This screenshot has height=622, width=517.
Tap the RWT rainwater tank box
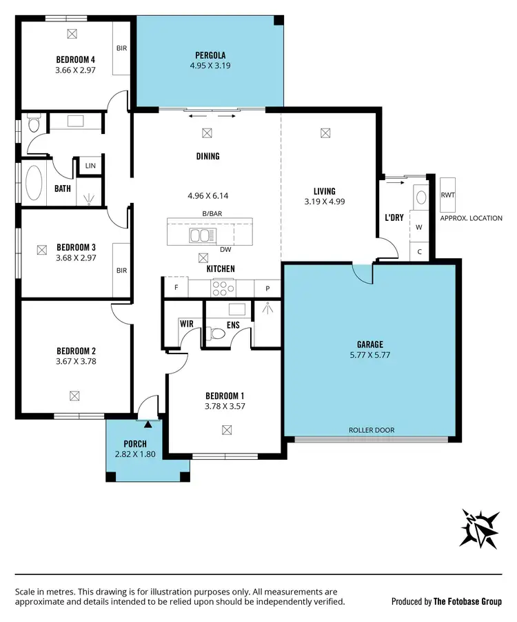[x=448, y=195]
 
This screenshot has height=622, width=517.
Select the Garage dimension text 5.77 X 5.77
[x=369, y=356]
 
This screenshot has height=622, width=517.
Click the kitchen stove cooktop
[x=223, y=287]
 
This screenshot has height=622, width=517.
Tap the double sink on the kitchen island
[x=201, y=236]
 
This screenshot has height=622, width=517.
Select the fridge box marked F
[x=176, y=287]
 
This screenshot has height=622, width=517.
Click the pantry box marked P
[x=267, y=288]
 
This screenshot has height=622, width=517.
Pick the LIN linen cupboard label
[x=90, y=166]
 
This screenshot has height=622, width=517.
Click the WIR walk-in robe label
[x=187, y=323]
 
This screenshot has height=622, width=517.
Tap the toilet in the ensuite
[x=219, y=334]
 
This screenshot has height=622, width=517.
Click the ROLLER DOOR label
[x=372, y=429]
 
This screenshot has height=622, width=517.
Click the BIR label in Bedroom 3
[x=121, y=271]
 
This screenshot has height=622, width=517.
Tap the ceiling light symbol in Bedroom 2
[x=74, y=396]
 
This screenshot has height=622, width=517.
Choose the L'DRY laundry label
[x=394, y=217]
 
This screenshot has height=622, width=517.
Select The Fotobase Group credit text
[x=467, y=601]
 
